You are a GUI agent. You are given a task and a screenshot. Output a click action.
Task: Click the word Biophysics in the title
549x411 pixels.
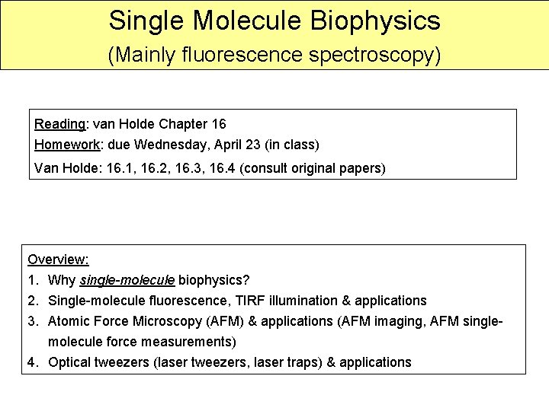click(x=375, y=21)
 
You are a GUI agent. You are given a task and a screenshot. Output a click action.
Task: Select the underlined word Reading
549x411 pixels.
click(x=60, y=123)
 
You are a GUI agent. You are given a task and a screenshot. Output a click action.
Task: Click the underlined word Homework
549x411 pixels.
click(x=67, y=144)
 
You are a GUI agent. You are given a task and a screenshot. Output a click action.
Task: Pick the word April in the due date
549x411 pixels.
click(x=234, y=144)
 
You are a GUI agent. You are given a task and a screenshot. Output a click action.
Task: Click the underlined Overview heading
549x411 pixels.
click(x=58, y=260)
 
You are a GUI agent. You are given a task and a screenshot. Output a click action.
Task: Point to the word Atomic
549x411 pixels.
click(x=69, y=321)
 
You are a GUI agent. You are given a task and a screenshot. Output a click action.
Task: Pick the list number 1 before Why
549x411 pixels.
click(x=31, y=280)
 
